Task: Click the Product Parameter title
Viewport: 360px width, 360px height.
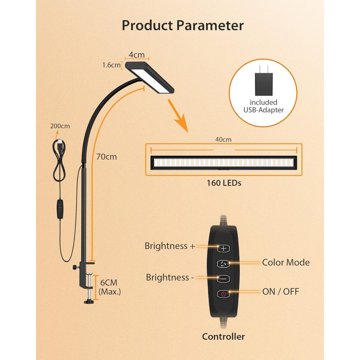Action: point(183,25)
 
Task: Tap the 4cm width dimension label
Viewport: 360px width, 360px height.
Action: point(136,55)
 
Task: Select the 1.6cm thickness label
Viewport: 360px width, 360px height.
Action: point(111,65)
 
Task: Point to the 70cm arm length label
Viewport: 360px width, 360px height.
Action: point(107,157)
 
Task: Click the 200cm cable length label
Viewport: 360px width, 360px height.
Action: point(60,126)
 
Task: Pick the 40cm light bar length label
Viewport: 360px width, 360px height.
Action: point(224,140)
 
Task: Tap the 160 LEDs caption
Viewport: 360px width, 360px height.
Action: point(224,183)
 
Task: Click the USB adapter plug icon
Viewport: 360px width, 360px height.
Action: point(264,81)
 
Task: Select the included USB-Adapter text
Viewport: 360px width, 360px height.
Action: point(264,106)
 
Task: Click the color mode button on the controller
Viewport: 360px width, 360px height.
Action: point(224,264)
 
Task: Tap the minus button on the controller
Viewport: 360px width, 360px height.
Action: point(224,279)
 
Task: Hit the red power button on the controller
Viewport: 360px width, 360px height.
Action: point(224,294)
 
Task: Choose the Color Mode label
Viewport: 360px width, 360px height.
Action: point(286,262)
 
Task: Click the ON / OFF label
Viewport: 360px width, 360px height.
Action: point(280,292)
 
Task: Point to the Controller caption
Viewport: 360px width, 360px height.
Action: point(224,337)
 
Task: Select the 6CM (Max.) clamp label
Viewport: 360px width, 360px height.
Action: point(109,287)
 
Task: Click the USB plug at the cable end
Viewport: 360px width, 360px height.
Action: point(60,144)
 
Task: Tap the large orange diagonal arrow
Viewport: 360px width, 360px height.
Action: point(178,116)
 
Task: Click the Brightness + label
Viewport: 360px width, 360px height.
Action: point(170,246)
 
